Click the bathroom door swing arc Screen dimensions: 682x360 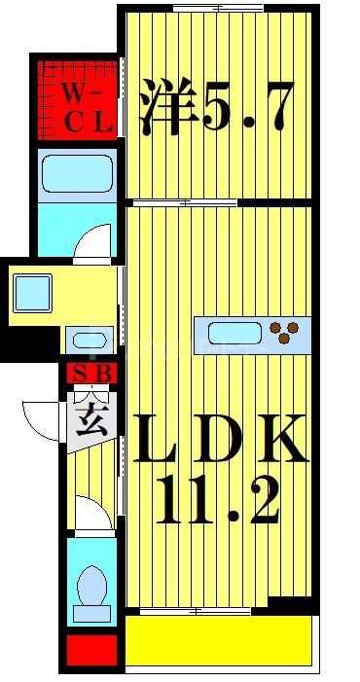94,241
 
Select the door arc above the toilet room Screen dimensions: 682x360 93,515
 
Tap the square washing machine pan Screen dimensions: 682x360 32,291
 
